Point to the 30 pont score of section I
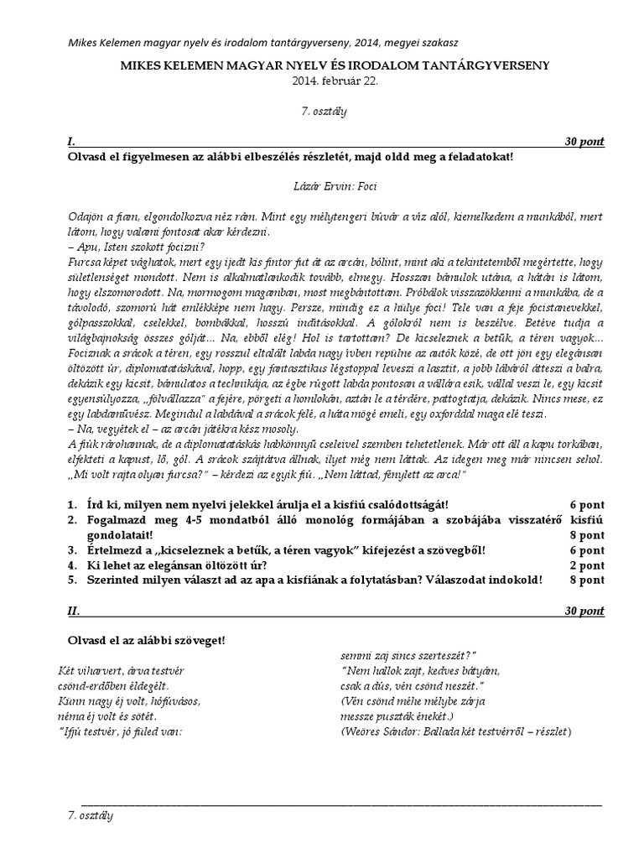coord(584,142)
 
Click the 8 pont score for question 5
coord(586,580)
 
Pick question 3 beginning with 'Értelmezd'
coord(285,549)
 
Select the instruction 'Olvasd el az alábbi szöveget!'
coord(146,641)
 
